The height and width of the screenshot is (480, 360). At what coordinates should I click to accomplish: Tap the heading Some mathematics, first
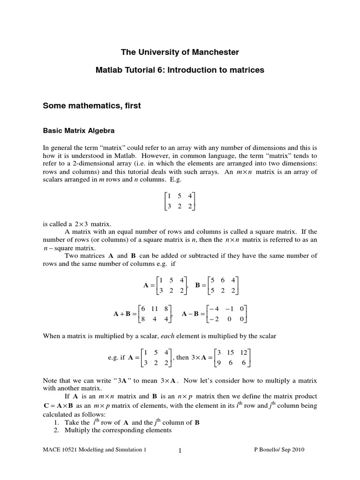(92, 106)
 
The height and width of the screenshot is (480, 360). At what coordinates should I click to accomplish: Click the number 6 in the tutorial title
(149, 70)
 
